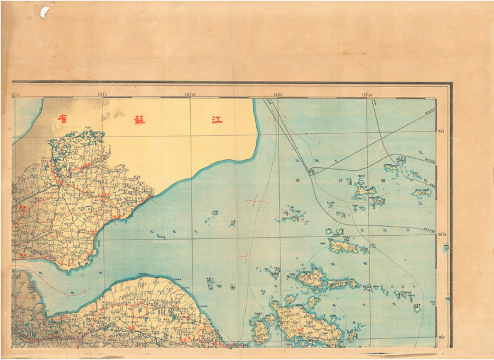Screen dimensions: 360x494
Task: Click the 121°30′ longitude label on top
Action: [x=190, y=94]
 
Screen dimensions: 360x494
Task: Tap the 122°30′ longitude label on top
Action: [x=368, y=94]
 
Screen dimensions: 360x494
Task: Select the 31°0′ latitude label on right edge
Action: [x=442, y=132]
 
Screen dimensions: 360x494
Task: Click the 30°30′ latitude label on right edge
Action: [x=442, y=235]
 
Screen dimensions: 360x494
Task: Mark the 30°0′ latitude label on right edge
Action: [x=442, y=337]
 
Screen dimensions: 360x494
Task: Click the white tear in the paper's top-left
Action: [x=44, y=11]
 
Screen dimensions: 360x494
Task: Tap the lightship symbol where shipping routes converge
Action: [x=311, y=172]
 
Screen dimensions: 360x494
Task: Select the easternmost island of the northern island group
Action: [x=423, y=193]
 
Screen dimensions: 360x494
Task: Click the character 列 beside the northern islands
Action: [x=340, y=181]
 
